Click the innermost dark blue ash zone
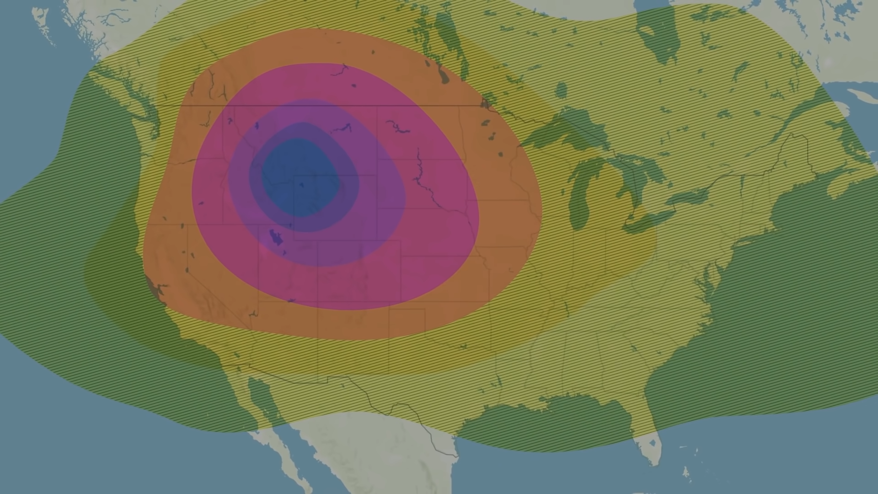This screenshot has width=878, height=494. [x=300, y=178]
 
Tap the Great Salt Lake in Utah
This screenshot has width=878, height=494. [x=276, y=237]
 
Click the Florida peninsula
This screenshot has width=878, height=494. [x=649, y=439]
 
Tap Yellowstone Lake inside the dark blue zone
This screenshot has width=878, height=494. [x=300, y=185]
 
